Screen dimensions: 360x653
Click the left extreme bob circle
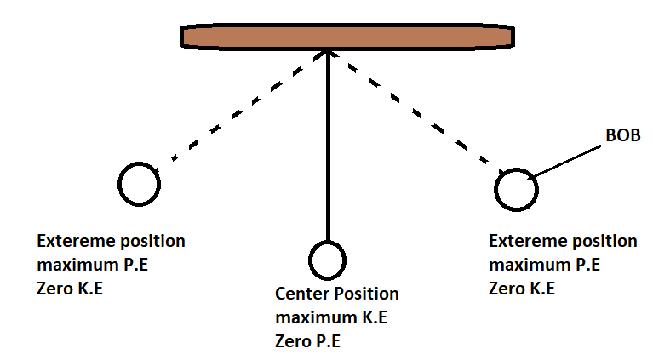[138, 183]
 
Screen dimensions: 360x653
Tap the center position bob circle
[327, 260]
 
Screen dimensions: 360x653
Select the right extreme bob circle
[517, 189]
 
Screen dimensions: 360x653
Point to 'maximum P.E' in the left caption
[91, 265]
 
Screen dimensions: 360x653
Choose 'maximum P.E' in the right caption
[544, 265]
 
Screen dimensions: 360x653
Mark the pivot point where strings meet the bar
[327, 52]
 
